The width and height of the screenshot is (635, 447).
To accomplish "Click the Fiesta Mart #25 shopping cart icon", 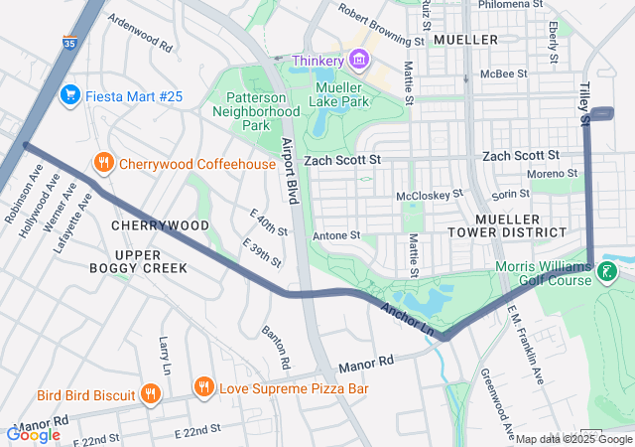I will click(x=69, y=95).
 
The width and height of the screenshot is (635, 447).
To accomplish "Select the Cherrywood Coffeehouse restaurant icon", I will click(x=103, y=163).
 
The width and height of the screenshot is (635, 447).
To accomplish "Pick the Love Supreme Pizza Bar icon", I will click(x=203, y=387).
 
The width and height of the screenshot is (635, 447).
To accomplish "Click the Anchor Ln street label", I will click(x=408, y=317).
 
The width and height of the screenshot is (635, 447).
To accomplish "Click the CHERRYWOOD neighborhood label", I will click(x=161, y=225).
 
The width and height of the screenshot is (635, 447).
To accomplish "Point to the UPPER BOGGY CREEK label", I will click(x=138, y=261).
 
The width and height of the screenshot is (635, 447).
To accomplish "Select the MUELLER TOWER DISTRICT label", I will click(x=520, y=224).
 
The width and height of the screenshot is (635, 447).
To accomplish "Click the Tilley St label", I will click(x=585, y=103).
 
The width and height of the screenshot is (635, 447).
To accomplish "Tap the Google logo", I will click(x=33, y=434).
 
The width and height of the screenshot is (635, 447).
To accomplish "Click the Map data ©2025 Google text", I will click(x=574, y=439).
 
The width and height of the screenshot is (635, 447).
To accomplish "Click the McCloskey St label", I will click(x=430, y=196).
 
